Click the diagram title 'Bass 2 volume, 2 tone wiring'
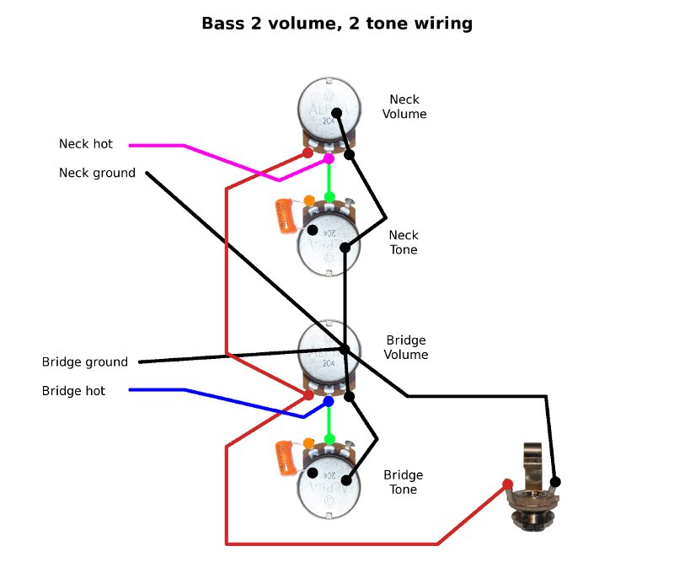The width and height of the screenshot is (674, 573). coord(337,24)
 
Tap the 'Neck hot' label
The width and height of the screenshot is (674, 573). coord(86,144)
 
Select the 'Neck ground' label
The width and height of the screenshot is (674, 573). coord(97,173)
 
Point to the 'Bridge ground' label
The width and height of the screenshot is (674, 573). coord(85,362)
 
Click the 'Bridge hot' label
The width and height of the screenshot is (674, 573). coord(74,391)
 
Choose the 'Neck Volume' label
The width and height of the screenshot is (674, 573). coord(404,106)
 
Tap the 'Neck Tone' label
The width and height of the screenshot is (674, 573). coord(404,242)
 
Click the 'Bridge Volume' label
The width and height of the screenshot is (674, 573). coord(407,347)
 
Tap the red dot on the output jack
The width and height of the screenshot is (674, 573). coord(508,484)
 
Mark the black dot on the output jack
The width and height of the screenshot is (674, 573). coord(555,481)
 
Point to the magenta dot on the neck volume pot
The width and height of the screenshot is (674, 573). coord(329,158)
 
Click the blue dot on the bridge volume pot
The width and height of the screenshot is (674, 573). coord(329,402)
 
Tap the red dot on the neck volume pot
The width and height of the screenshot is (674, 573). coord(308,153)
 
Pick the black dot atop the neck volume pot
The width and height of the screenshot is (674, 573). coord(336,113)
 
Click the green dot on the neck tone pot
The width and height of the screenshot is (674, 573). coord(329,197)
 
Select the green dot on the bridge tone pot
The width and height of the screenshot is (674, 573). coord(329,439)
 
